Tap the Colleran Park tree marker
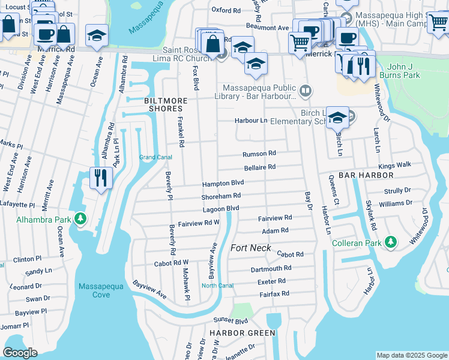click(x=391, y=242)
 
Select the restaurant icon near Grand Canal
click(x=100, y=178)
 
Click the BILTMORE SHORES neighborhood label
click(x=163, y=105)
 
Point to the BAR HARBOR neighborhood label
click(x=366, y=175)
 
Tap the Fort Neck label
click(x=251, y=248)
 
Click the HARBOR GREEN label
click(x=242, y=332)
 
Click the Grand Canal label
click(x=155, y=157)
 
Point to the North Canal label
click(x=217, y=285)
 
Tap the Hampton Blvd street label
click(x=223, y=183)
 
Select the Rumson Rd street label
click(x=259, y=154)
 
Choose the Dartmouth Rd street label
click(x=271, y=268)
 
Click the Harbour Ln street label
click(x=251, y=121)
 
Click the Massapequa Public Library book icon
click(x=306, y=91)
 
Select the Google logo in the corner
click(x=20, y=353)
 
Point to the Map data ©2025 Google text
click(x=411, y=355)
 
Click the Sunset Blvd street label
click(x=233, y=321)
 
